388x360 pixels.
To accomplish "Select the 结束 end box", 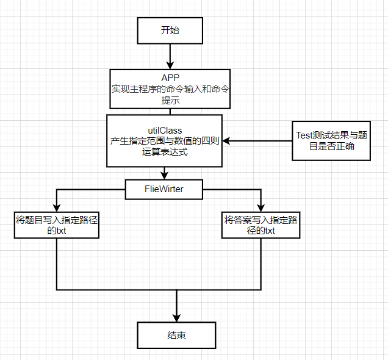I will pos(176,336).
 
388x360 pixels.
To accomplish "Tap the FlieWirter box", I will pos(163,189).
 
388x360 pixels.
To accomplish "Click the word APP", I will pos(170,77).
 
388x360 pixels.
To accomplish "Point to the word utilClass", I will pos(165,130).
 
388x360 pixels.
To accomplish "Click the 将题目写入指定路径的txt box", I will pos(56,225).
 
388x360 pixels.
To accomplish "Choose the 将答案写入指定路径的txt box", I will pos(260,225).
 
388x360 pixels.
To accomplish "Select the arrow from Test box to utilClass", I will pos(256,141).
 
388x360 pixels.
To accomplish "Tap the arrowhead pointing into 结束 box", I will pos(176,317).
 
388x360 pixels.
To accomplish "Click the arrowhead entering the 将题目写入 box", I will pos(56,207).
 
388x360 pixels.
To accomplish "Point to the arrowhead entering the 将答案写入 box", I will pos(260,207).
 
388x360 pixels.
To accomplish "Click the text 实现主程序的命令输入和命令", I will pos(170,89).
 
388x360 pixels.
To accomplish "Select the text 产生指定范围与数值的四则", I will pos(165,141).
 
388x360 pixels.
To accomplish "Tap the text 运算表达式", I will pos(165,152).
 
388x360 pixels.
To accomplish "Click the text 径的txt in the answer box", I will pos(260,231).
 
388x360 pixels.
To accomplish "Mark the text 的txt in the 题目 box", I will pos(56,231).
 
